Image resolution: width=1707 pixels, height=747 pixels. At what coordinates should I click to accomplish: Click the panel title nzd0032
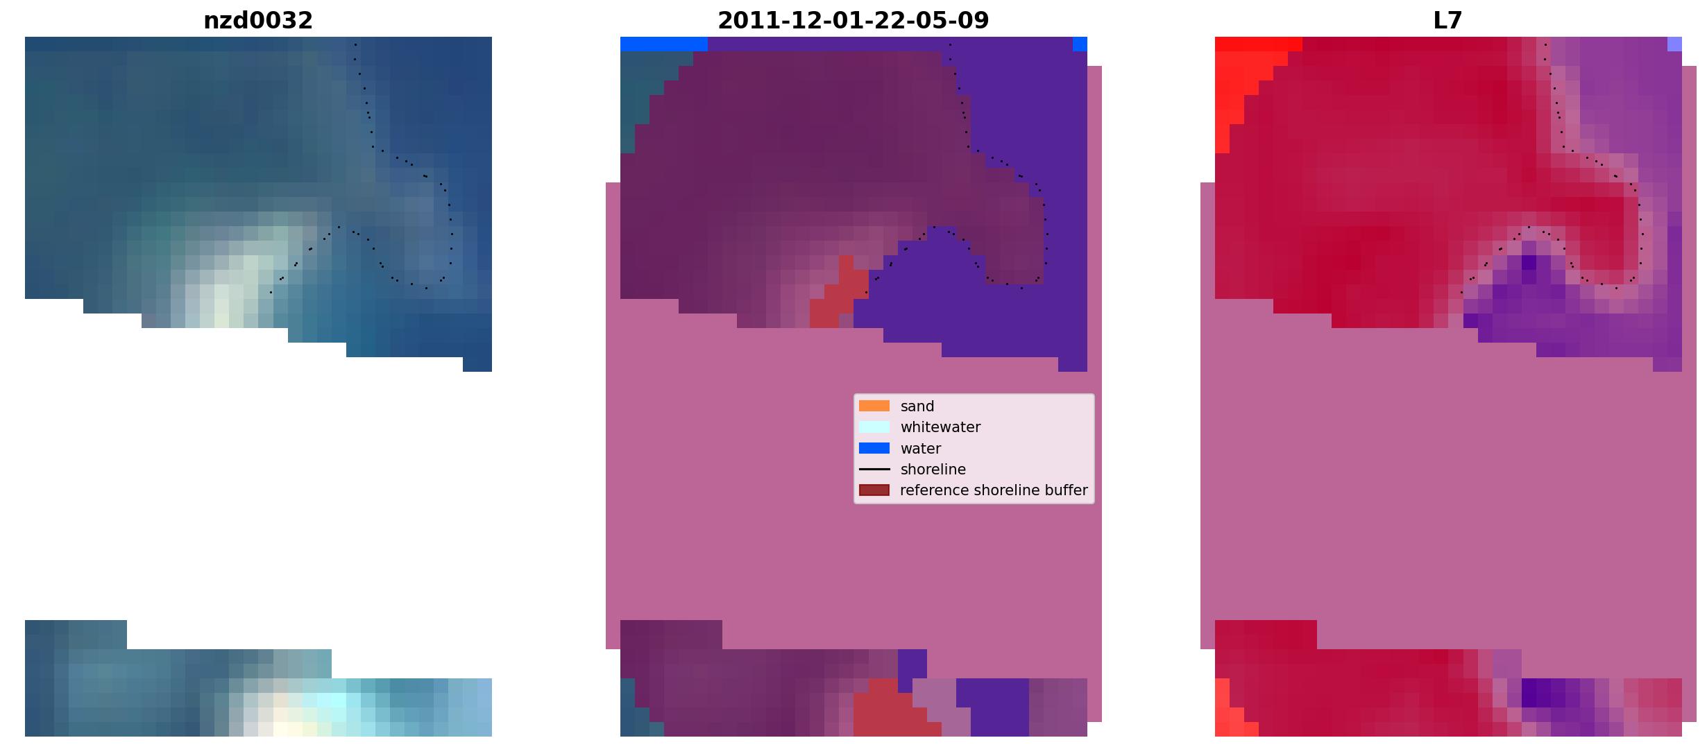[x=258, y=21]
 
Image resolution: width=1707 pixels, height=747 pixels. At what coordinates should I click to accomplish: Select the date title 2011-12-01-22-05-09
[x=853, y=21]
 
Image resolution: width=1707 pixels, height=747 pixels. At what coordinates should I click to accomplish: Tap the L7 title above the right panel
[x=1447, y=21]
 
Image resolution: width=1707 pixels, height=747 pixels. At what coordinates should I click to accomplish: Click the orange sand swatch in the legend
[x=874, y=406]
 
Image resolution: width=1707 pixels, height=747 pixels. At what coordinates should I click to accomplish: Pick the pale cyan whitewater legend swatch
[x=874, y=427]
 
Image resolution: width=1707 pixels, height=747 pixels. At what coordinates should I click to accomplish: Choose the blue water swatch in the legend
[x=874, y=448]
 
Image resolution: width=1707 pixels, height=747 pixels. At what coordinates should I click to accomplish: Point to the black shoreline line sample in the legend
[x=874, y=470]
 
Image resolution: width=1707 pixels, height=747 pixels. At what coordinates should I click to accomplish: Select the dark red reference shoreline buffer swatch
[x=874, y=490]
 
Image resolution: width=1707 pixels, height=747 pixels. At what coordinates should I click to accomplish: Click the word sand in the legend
[x=917, y=406]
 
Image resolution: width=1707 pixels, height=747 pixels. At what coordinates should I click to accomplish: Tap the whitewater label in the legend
[x=940, y=427]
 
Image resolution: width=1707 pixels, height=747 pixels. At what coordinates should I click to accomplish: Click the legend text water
[x=921, y=449]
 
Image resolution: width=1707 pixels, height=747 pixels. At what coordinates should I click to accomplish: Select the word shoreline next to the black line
[x=933, y=470]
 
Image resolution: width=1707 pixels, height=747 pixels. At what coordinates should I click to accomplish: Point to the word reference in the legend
[x=935, y=490]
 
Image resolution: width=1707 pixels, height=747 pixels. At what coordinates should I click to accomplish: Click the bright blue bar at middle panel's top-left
[x=664, y=44]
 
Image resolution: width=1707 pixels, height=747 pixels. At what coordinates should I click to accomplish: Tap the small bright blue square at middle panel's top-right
[x=1080, y=44]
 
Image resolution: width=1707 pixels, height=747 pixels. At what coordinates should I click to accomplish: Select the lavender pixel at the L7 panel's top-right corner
[x=1674, y=44]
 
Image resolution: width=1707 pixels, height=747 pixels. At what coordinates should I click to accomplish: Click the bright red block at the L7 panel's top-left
[x=1258, y=44]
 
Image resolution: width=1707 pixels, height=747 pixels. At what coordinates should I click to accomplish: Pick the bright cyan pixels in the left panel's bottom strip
[x=332, y=700]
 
